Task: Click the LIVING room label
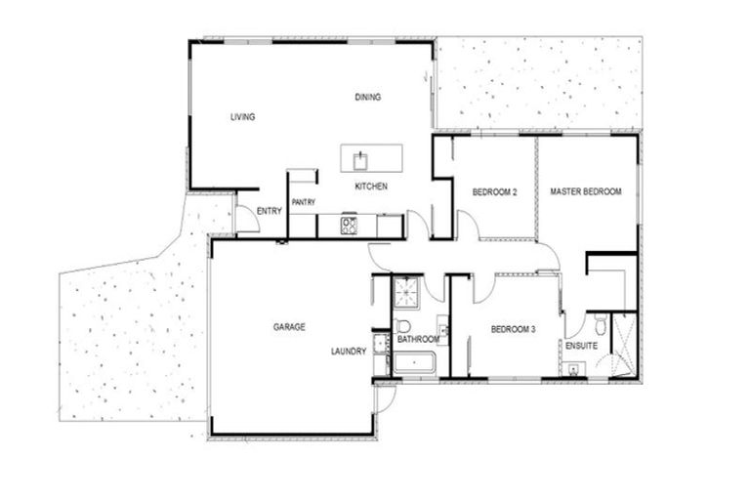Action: pos(242,117)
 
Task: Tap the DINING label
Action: pos(367,97)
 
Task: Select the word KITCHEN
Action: pos(371,186)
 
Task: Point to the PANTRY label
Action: pos(303,201)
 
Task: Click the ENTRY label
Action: pos(270,211)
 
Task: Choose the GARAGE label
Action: pos(289,326)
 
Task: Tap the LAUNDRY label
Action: pos(348,351)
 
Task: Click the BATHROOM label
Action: pos(419,339)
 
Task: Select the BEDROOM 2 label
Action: pos(494,191)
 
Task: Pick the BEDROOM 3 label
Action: pos(513,329)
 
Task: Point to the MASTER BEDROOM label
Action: pos(585,191)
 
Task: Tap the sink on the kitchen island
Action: pos(359,157)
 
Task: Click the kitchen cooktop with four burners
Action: pos(349,226)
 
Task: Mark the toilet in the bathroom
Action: pos(402,327)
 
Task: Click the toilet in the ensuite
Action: pos(600,324)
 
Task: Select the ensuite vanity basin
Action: pos(572,367)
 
